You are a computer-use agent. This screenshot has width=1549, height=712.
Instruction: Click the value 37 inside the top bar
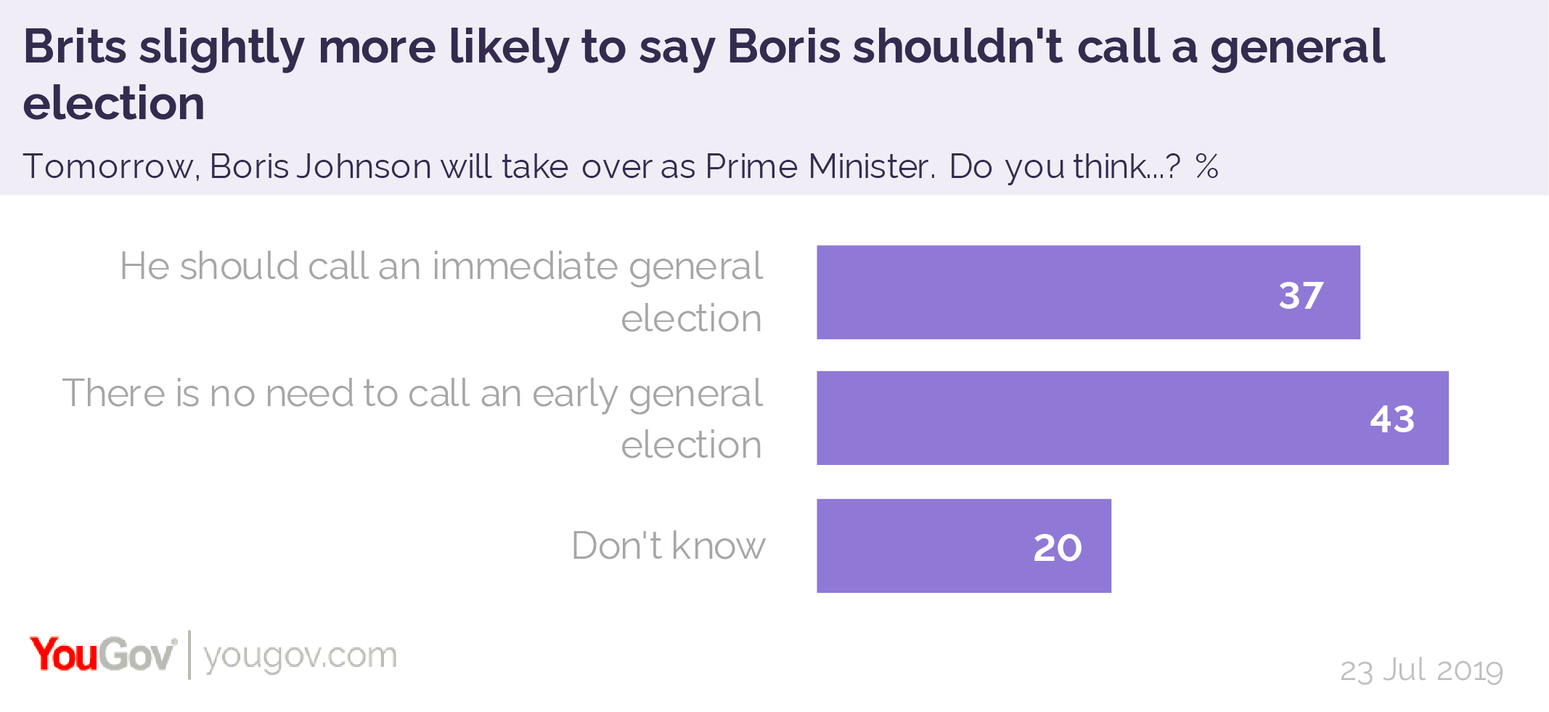click(x=1301, y=296)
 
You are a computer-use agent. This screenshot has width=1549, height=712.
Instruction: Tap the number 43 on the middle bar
click(x=1392, y=419)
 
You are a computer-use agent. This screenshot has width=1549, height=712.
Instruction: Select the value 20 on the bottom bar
click(x=1057, y=548)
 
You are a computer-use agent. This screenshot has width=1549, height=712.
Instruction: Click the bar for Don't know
click(x=944, y=546)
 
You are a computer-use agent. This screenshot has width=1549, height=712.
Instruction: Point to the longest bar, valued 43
click(x=1089, y=418)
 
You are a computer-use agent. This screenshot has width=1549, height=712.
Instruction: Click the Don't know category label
click(x=668, y=546)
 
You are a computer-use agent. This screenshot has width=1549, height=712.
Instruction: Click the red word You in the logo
click(x=63, y=655)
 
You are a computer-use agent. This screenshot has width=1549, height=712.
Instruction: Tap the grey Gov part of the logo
click(x=137, y=655)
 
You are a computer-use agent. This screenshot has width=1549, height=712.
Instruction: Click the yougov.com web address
click(x=300, y=656)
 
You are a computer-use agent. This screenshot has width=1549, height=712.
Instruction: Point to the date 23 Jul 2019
click(x=1421, y=670)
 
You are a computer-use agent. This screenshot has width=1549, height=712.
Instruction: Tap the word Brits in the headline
click(x=75, y=47)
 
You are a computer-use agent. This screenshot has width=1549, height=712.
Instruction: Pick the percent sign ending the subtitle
click(x=1207, y=167)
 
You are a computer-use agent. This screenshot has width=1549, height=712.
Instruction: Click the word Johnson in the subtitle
click(x=364, y=167)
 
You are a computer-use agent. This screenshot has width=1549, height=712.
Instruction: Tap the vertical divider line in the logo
click(x=189, y=655)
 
